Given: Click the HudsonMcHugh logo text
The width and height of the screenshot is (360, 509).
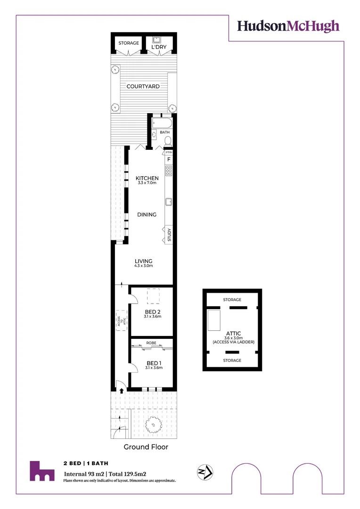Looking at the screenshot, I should coord(288,26).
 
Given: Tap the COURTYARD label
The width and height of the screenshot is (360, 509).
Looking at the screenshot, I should coord(143,87).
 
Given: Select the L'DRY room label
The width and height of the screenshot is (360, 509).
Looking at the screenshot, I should coord(159,47).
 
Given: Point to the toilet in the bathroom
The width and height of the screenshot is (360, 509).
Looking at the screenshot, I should coord(167,140).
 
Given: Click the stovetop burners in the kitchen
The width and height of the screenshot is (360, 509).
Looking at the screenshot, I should coord(168,170).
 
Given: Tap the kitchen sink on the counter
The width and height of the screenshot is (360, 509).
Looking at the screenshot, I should coord(168,202).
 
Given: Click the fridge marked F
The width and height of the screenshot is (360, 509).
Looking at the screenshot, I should coord(168,160).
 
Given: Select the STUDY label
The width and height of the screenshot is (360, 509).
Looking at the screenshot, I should coord(169,235).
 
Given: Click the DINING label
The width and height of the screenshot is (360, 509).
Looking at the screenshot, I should coord(147,214).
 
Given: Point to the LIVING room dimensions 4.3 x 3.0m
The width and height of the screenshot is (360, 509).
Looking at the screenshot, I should coord(144,266).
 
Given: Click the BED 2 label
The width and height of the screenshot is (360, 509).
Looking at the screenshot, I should coord(153,312).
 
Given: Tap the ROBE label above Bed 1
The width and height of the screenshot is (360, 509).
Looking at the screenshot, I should coord(151,343).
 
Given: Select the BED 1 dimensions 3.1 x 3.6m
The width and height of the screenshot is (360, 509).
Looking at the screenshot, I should coord(154,368).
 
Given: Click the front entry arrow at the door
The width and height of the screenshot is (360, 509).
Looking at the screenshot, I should coord(122,390).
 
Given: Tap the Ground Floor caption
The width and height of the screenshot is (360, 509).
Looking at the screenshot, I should coord(146,447).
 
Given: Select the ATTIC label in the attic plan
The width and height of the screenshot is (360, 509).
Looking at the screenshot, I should coord(233,334).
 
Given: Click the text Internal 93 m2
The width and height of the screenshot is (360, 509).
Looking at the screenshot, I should coord(84,473).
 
